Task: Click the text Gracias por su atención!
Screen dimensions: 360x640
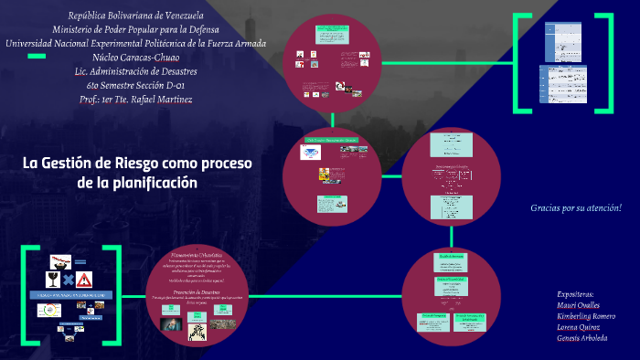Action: (575, 208)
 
